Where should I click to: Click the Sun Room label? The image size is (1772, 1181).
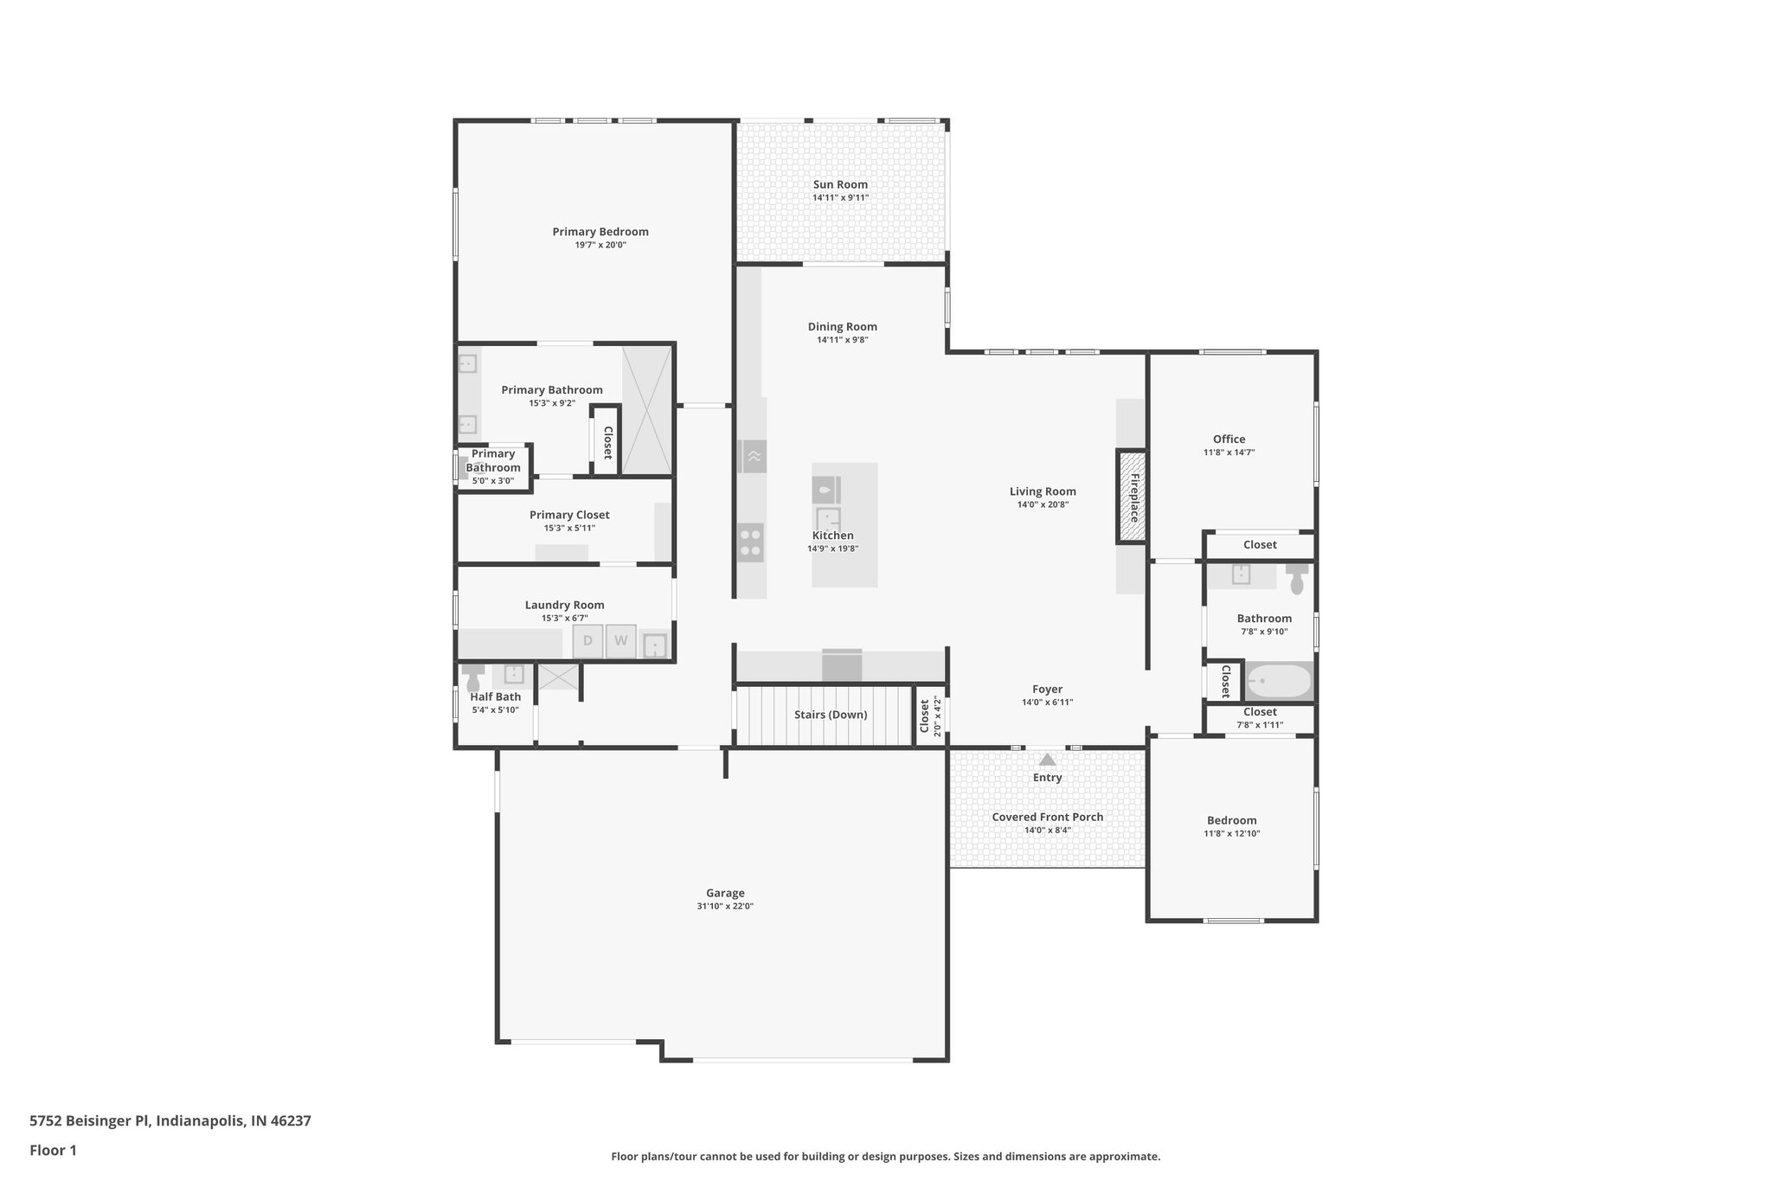pos(840,184)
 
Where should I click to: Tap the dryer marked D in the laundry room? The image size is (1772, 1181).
pos(587,641)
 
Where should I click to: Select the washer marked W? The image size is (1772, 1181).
pos(620,641)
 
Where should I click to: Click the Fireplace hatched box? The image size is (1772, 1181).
pos(1132,497)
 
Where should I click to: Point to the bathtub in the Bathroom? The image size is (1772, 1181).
pos(1279,682)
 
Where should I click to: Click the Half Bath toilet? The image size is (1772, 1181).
pos(472,680)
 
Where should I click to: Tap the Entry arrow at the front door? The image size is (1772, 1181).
pos(1047,761)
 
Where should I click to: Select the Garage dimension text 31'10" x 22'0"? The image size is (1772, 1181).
pos(725,906)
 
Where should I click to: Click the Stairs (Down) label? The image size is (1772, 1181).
pos(831,715)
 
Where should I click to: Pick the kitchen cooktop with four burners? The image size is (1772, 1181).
pos(751,542)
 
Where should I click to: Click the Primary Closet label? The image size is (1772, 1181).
pos(569,515)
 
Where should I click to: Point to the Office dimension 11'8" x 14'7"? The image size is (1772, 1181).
pos(1229,453)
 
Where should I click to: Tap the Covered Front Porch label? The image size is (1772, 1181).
pos(1047,817)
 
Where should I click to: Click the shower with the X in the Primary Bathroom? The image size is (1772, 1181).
pos(646,409)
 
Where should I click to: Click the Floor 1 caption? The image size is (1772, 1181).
pos(53,1150)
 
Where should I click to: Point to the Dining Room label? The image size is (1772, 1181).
pos(842,326)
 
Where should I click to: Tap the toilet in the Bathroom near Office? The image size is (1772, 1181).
pos(1296,579)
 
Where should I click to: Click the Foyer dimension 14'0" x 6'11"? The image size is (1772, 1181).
pos(1047,703)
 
